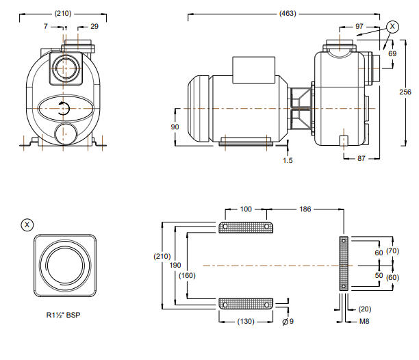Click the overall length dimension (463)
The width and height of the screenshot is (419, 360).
[x=288, y=13]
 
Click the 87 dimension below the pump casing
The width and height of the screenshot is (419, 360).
[x=364, y=159]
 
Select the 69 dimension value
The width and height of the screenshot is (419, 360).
[x=392, y=53]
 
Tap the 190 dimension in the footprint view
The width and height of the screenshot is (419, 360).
[x=176, y=263]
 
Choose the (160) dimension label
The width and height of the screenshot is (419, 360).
[x=186, y=276]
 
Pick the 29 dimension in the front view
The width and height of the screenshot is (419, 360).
[x=94, y=26]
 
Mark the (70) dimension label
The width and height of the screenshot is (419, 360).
[x=393, y=252]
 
